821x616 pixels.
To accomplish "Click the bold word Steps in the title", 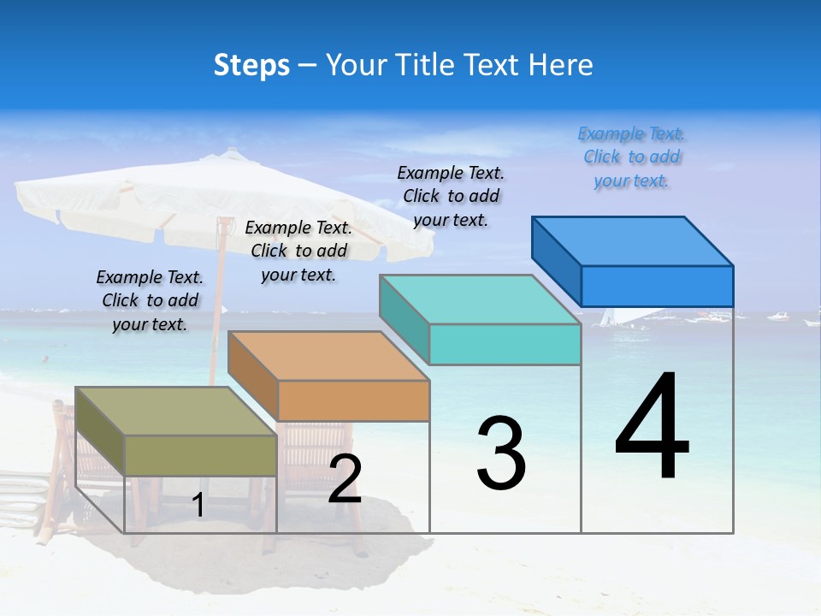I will [251, 65].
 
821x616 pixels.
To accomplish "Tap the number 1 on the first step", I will [198, 506].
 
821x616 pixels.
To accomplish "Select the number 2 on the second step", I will [345, 479].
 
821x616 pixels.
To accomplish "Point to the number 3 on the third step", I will [501, 453].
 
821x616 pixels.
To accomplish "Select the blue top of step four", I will [633, 241].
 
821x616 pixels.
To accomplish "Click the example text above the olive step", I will [150, 300].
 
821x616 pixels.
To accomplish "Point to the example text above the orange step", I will [298, 251].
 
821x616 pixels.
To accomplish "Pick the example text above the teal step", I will [451, 196].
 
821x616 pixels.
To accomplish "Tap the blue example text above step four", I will [631, 157].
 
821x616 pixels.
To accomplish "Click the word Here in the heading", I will [561, 65].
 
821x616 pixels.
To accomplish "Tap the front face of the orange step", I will [353, 400].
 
